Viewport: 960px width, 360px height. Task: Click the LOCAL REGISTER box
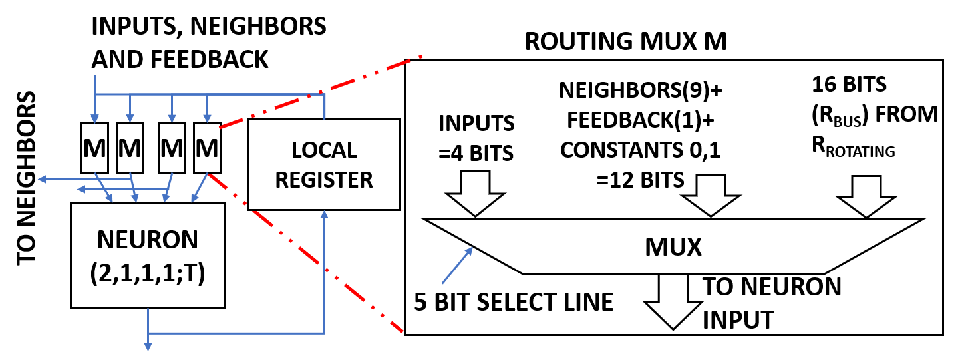pos(324,164)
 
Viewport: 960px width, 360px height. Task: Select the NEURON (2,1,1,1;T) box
pos(148,256)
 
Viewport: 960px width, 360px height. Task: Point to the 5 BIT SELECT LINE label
pos(513,302)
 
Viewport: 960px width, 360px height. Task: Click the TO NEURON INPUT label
pos(772,303)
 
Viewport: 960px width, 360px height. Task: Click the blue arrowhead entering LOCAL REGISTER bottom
pos(324,216)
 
